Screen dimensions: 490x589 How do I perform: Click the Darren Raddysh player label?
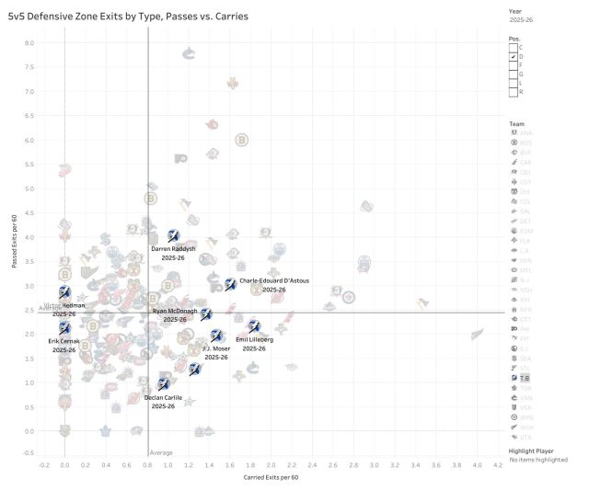(173, 249)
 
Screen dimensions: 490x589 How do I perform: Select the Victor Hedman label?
(64, 304)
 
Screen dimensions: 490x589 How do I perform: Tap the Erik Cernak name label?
(64, 341)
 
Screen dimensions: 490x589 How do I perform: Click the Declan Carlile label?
(163, 397)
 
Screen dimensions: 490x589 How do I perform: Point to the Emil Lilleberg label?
(255, 339)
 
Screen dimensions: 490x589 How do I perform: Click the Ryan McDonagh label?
(175, 312)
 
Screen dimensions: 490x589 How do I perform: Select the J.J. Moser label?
(216, 348)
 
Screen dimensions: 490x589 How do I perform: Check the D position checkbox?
(514, 57)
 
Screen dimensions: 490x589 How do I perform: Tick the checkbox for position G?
(514, 74)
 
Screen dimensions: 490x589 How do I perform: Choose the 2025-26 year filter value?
(521, 17)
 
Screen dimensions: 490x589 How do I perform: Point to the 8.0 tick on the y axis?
(29, 43)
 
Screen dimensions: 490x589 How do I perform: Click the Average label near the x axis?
(161, 452)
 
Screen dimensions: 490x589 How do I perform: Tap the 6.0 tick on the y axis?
(29, 141)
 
